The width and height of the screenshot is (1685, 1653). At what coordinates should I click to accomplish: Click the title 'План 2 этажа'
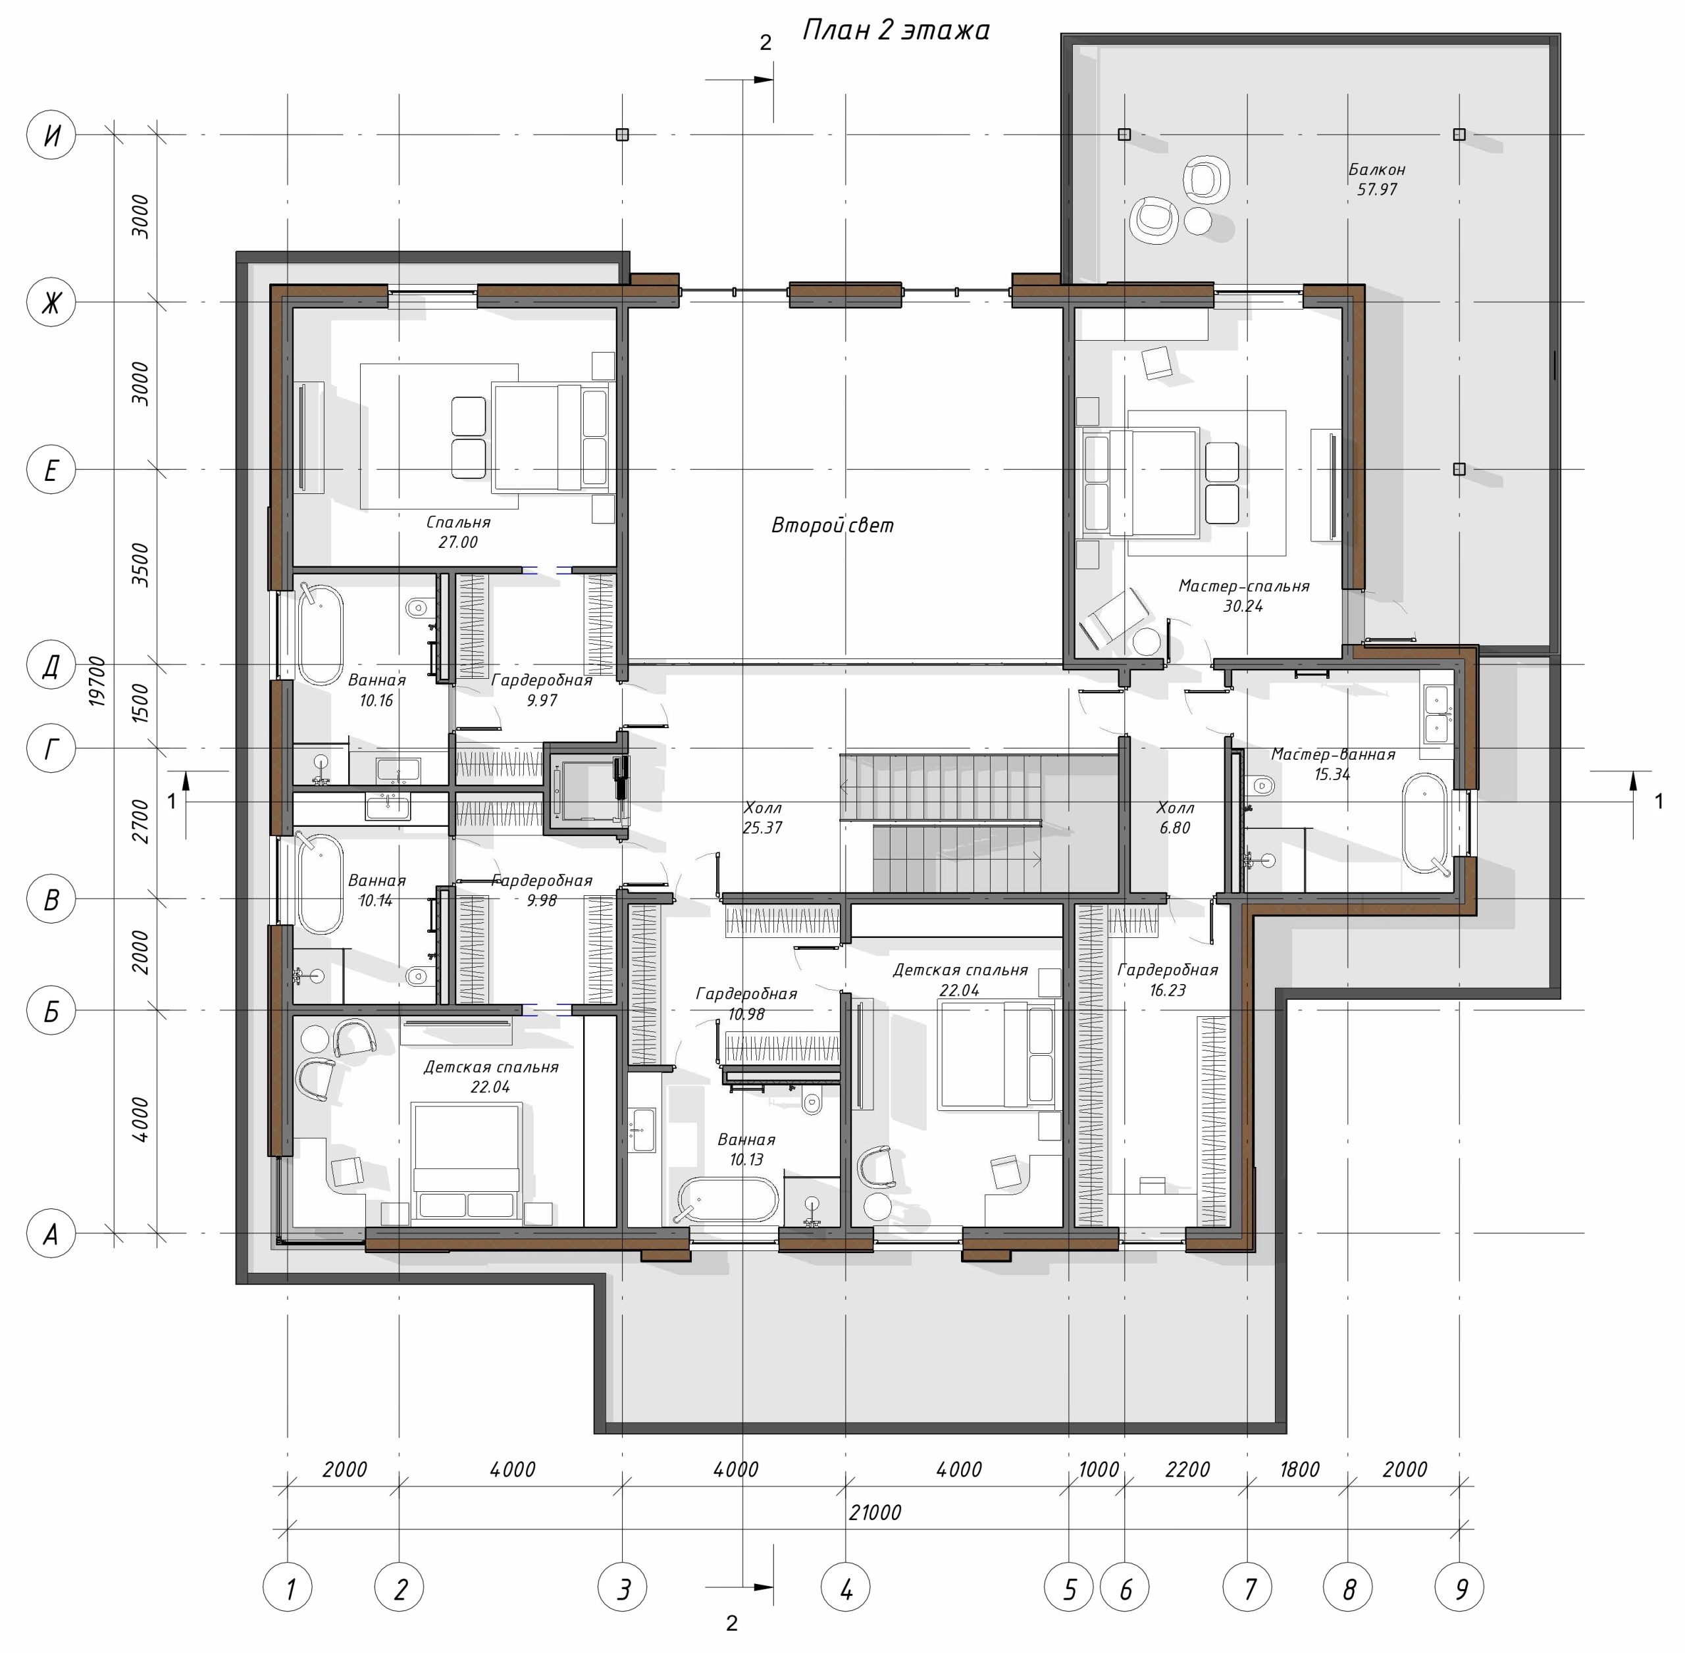coord(895,30)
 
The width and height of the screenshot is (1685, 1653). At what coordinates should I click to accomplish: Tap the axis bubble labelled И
coord(51,135)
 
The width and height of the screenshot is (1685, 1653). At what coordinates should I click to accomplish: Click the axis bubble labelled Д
coord(51,665)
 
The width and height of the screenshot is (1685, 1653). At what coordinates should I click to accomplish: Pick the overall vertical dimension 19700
coord(97,681)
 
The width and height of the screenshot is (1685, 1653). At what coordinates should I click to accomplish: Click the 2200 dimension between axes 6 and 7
coord(1187,1469)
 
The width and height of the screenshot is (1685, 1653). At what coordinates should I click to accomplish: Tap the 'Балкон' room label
coord(1377,169)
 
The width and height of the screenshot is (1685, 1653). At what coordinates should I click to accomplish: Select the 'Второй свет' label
coord(832,526)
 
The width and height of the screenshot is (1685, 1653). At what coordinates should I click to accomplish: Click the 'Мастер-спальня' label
coord(1243,586)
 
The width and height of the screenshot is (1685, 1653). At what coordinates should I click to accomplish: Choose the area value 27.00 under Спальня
coord(457,543)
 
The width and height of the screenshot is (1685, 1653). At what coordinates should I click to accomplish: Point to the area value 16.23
coord(1168,990)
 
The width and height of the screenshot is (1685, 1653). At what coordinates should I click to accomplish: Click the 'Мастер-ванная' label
coord(1332,754)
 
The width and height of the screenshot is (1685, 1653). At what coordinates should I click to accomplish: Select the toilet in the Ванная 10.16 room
coord(417,607)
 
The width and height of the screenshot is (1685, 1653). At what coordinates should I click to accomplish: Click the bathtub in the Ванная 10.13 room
coord(728,1199)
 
